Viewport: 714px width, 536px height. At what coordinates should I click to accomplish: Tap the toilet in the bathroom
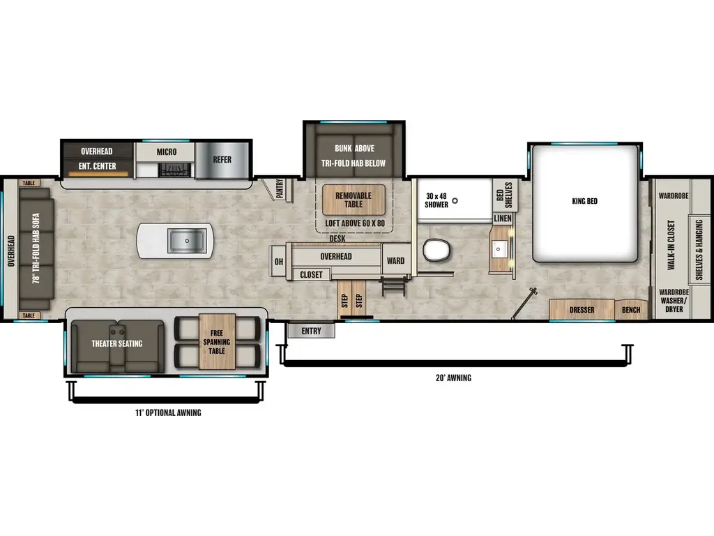point(438,250)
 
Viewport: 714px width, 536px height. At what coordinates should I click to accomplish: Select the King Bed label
point(584,202)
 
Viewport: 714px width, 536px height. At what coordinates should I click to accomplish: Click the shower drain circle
point(455,201)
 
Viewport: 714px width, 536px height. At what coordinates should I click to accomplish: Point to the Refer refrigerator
point(222,160)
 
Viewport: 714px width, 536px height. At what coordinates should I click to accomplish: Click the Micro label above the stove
point(166,151)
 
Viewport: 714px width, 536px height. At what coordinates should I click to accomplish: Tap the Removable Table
point(353,200)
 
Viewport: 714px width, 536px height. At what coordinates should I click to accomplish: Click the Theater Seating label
point(116,343)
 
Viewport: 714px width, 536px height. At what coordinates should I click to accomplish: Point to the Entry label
point(311,331)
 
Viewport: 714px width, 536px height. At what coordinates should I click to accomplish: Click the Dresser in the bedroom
point(582,310)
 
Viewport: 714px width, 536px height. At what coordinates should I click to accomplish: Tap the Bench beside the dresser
point(631,310)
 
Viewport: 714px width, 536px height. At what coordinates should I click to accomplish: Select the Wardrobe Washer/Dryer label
point(674,301)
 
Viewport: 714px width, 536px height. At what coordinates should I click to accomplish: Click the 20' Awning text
point(455,378)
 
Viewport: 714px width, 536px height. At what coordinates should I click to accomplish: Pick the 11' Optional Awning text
point(168,413)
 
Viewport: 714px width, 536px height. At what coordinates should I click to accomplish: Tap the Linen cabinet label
point(503,218)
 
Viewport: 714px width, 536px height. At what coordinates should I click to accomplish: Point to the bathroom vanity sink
point(501,248)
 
